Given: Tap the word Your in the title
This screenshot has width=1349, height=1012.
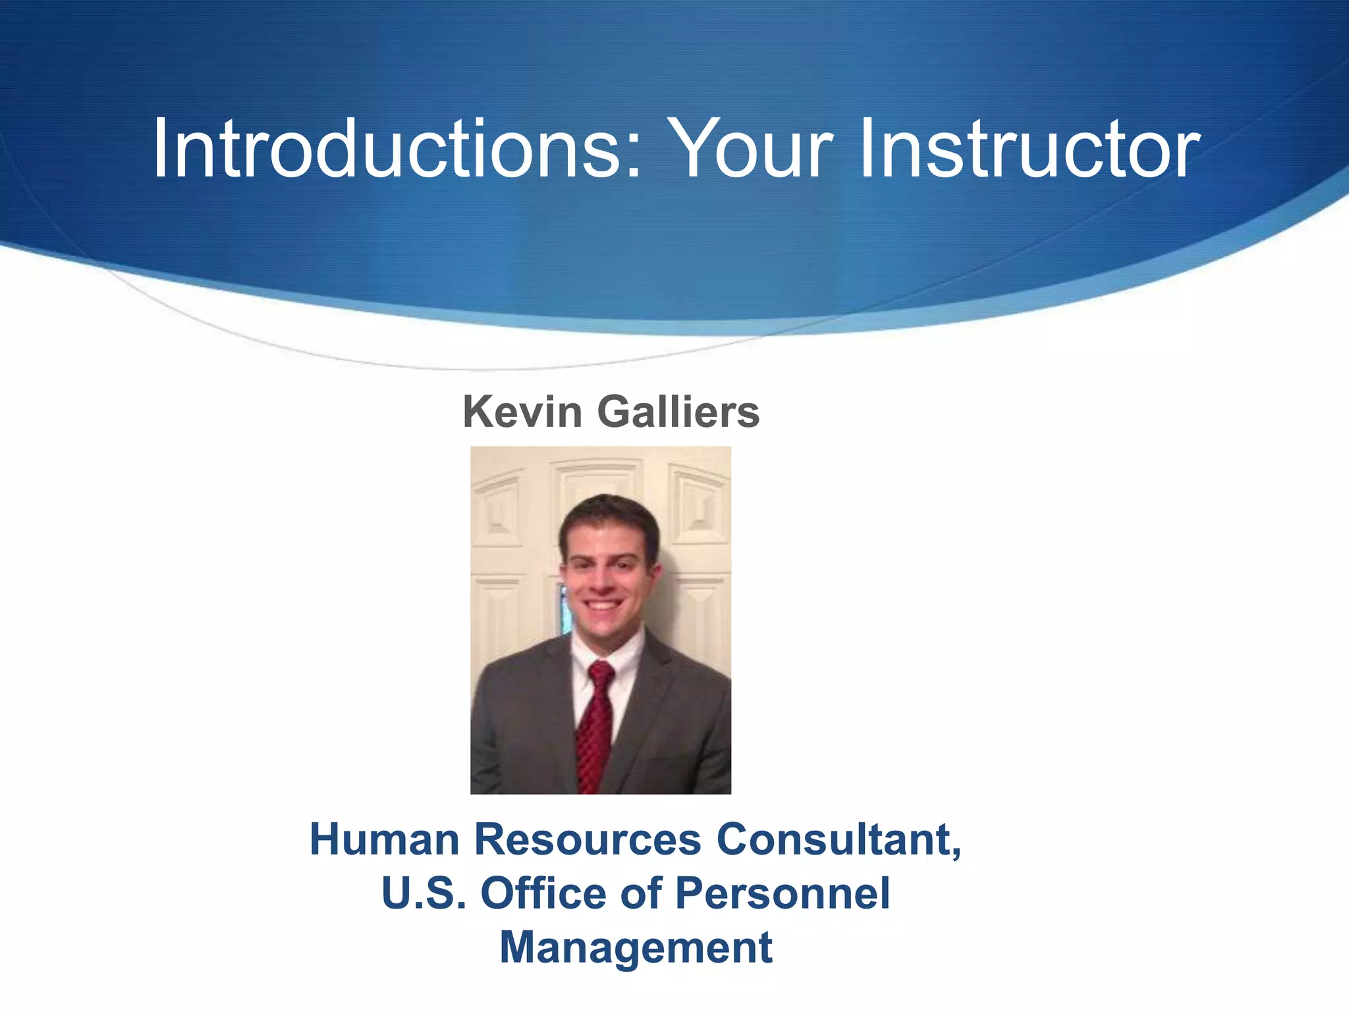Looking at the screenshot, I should click(x=755, y=149).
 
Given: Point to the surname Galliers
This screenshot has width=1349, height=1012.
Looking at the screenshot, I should click(x=678, y=412).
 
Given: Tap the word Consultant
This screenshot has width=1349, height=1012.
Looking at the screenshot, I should click(x=833, y=839).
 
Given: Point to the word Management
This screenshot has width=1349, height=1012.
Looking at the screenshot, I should click(x=636, y=947).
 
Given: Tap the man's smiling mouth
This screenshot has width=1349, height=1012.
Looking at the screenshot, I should click(x=603, y=604).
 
